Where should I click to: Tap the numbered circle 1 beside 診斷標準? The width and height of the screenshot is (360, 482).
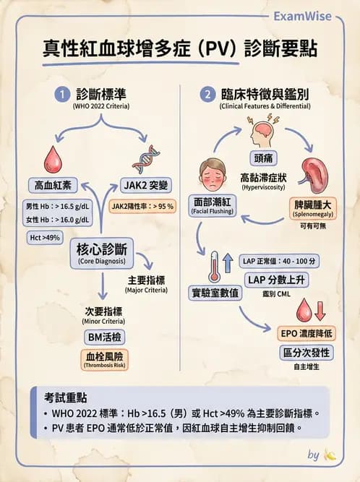coord(64,95)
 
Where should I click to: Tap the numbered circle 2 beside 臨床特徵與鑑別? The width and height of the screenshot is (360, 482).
coord(209,95)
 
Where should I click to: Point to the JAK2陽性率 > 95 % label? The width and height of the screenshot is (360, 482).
coord(143,207)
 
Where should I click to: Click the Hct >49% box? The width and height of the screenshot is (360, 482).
coord(45,238)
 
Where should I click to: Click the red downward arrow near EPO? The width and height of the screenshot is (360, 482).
coord(320,310)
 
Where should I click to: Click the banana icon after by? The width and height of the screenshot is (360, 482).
coord(331,455)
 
